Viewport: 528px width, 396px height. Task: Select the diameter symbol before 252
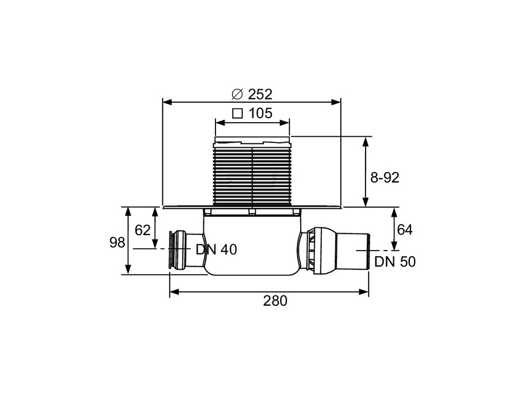pos(237,94)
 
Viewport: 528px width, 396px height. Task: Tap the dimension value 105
pos(260,113)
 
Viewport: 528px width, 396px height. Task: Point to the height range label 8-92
pos(385,178)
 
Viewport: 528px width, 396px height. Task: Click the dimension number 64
pos(405,230)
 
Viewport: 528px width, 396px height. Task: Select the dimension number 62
pos(142,230)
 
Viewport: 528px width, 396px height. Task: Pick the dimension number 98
pos(118,242)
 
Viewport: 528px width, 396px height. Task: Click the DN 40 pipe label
pos(216,250)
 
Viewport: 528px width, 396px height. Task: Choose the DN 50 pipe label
pos(395,262)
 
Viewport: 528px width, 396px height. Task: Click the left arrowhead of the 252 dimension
pos(166,102)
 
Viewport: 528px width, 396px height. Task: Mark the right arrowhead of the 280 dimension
pos(365,292)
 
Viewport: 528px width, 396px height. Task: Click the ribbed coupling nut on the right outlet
pos(314,249)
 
